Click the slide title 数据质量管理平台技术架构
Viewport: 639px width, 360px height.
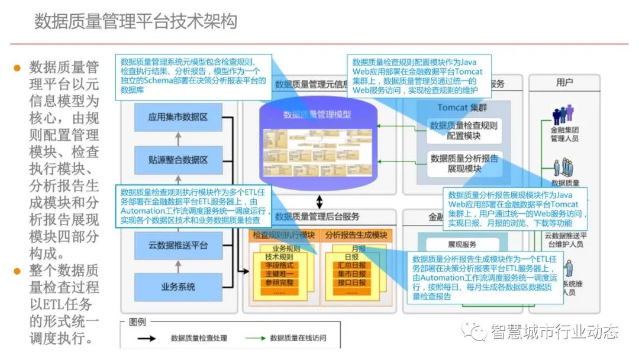pos(135,21)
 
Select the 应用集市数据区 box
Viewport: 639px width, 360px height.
pos(177,117)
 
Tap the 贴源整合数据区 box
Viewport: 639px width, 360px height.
pos(177,160)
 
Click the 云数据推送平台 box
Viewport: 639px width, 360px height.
pos(177,245)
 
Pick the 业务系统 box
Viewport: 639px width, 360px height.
pos(177,287)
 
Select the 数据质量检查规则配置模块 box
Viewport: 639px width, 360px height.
pos(464,130)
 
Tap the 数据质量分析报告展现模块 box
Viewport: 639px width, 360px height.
pos(464,163)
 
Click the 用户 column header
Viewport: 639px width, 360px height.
pos(564,83)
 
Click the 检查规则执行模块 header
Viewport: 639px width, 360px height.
pos(283,236)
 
